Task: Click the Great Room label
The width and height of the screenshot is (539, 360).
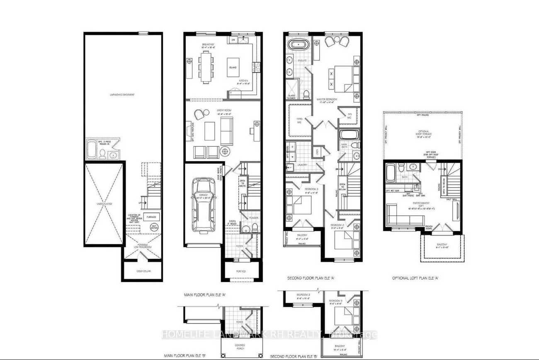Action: coord(223,110)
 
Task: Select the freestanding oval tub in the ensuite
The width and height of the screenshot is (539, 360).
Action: coord(297,45)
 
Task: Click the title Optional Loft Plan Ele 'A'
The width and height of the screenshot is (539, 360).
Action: coord(415,278)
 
